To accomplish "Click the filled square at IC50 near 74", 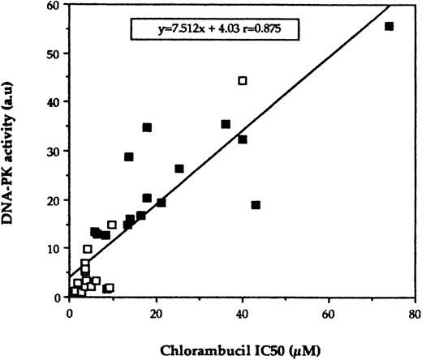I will click(389, 27).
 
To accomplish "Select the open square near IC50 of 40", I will click(242, 80).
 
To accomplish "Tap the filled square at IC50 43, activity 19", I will click(256, 205).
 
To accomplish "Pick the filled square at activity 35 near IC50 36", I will click(226, 124).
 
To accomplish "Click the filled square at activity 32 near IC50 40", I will click(242, 139).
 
